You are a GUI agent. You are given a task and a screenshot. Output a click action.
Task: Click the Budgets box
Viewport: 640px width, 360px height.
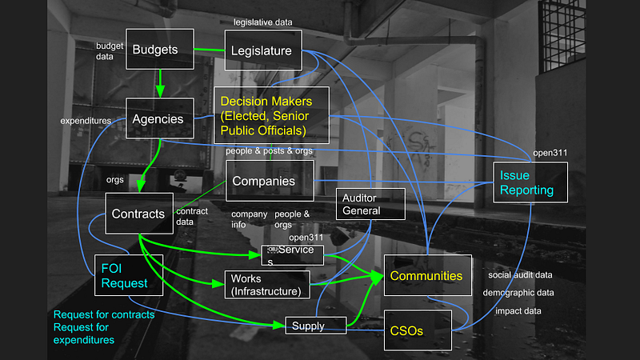(x=159, y=49)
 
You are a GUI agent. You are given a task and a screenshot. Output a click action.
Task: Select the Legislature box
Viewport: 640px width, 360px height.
(x=263, y=50)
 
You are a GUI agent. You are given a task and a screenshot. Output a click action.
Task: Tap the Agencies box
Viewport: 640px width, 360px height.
(x=159, y=118)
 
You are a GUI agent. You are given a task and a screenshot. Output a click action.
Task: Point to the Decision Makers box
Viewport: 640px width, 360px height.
(x=271, y=115)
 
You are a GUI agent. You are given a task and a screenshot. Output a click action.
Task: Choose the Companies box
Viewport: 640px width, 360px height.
(x=270, y=181)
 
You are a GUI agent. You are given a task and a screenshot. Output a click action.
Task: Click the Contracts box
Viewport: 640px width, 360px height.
(x=139, y=214)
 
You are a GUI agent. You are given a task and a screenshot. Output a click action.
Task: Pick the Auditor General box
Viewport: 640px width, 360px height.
(x=370, y=204)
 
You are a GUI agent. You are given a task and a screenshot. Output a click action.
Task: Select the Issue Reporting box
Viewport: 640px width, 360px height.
(x=530, y=182)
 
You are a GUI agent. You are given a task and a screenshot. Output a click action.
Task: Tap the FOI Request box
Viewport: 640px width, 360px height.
(x=129, y=275)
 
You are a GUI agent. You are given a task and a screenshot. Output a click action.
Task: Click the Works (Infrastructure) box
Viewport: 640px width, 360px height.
(x=267, y=285)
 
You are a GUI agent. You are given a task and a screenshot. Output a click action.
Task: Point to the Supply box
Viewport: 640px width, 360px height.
(x=316, y=326)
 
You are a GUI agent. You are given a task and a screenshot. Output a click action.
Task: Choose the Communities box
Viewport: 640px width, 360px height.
(x=428, y=275)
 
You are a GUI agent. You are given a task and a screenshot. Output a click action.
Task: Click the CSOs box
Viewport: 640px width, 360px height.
(x=418, y=330)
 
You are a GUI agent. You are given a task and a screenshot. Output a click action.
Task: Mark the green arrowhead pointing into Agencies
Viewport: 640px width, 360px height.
(x=160, y=91)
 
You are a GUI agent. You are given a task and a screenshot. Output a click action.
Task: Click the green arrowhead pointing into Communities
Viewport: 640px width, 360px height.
(x=377, y=277)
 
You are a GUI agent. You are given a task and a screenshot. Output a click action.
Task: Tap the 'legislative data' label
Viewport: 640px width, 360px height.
(x=263, y=22)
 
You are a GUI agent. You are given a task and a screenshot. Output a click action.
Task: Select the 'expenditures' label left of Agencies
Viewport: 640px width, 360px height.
(x=86, y=121)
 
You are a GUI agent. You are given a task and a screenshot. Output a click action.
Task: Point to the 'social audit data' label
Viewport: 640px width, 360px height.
(x=520, y=275)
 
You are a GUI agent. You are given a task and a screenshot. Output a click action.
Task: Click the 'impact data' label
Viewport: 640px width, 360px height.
(x=518, y=311)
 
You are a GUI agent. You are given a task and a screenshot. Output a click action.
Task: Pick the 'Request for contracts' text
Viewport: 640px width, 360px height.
(x=104, y=314)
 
